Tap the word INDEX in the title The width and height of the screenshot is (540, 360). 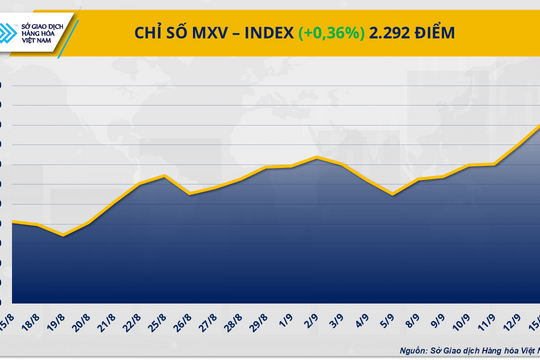point(261,34)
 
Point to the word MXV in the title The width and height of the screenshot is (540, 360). point(203,34)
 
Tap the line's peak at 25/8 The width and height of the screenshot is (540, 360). point(165,176)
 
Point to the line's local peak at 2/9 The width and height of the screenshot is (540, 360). point(316,157)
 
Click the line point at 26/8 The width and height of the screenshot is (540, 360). point(190,194)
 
